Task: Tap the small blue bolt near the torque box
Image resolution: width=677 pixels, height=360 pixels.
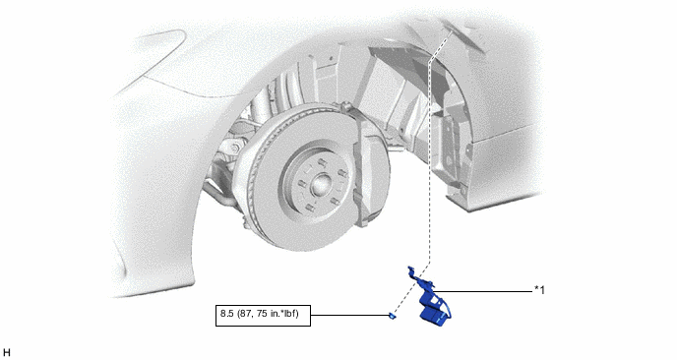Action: [x=392, y=316]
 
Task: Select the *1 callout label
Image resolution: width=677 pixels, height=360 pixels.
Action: [x=539, y=290]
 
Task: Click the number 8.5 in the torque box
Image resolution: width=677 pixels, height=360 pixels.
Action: [x=227, y=314]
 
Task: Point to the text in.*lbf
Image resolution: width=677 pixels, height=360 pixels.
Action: [x=282, y=314]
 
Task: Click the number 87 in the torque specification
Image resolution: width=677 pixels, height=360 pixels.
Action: [x=245, y=314]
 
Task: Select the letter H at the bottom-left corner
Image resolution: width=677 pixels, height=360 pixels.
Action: [x=6, y=353]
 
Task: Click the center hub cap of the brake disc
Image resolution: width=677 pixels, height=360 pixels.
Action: [x=320, y=183]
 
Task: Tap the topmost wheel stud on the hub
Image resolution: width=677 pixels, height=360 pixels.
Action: [x=322, y=162]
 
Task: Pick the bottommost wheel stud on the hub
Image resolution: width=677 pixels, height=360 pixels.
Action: [x=309, y=209]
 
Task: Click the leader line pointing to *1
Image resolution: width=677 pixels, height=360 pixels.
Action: [x=483, y=291]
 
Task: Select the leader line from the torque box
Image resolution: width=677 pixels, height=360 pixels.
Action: [x=349, y=315]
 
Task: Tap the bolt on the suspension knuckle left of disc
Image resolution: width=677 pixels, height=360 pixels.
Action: [x=234, y=148]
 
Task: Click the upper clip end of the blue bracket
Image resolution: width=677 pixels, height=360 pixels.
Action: [x=411, y=270]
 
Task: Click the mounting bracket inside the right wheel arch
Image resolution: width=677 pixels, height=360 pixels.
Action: [x=452, y=151]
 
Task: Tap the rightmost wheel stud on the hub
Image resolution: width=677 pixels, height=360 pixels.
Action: [x=342, y=175]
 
